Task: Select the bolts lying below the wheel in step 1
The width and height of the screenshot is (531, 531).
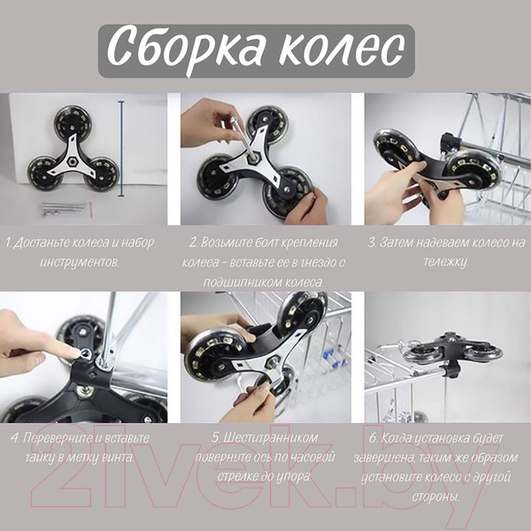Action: coord(65,209)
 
